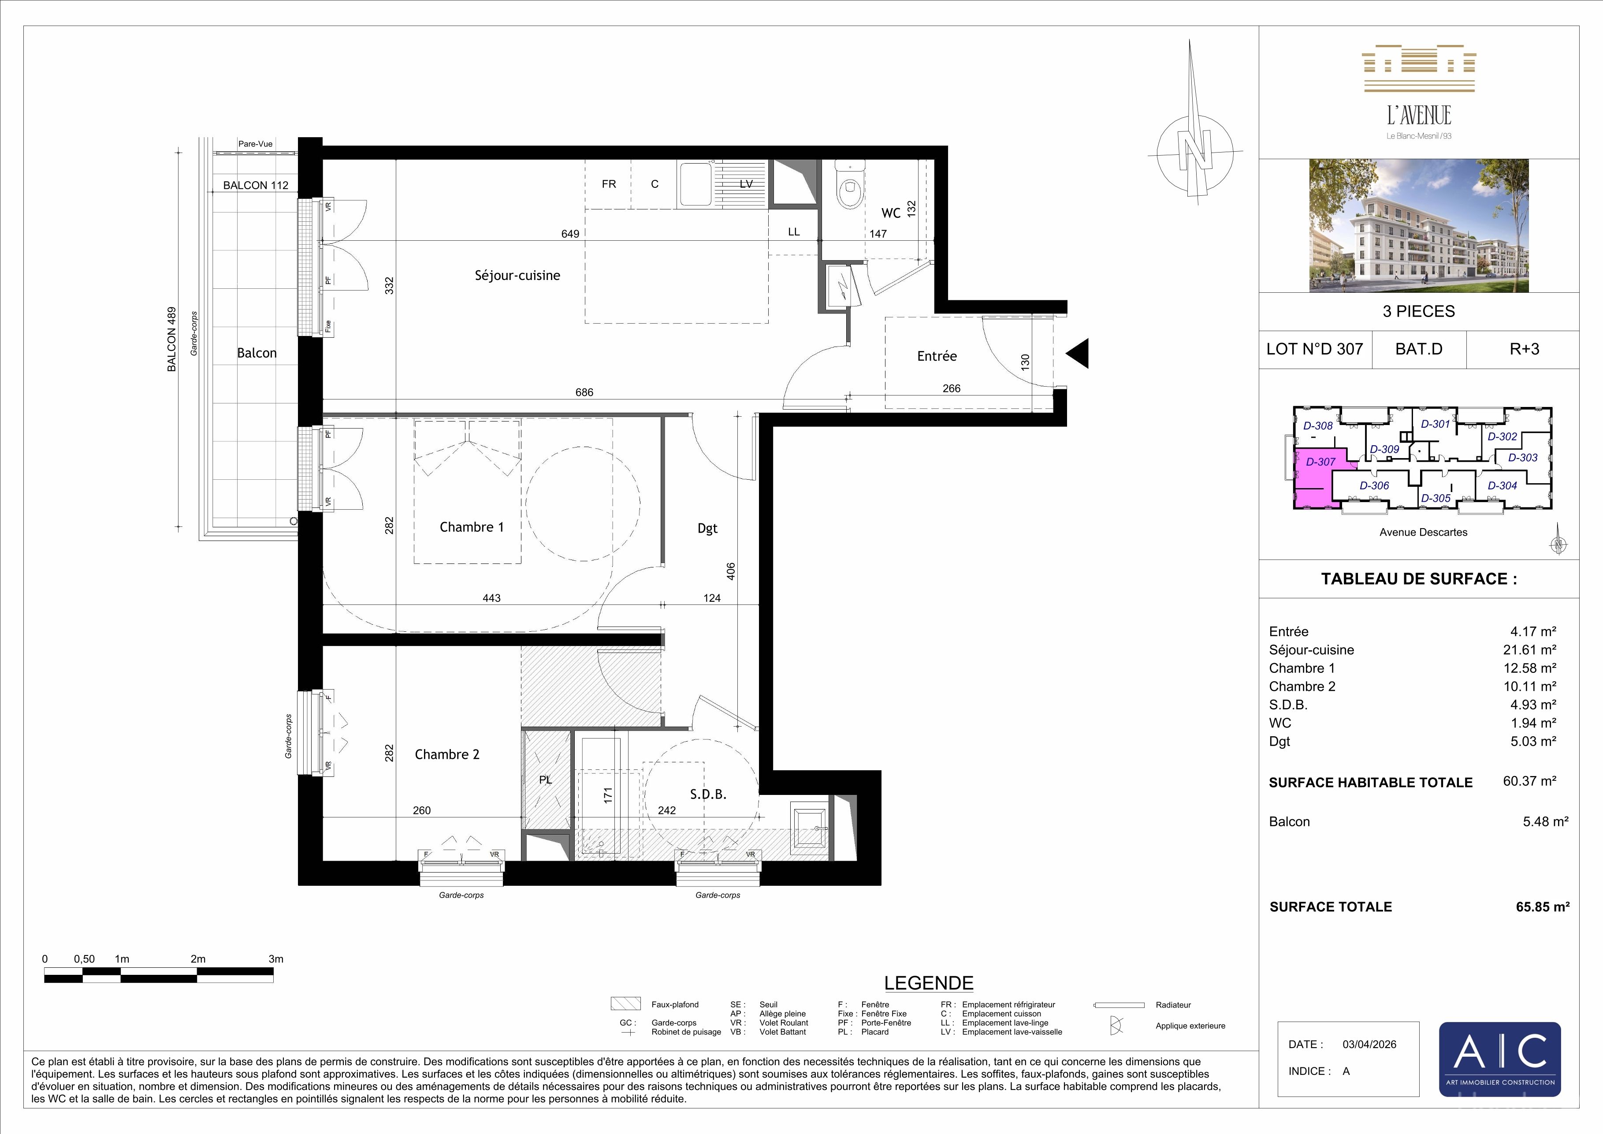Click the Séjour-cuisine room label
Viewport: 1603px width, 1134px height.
pos(517,275)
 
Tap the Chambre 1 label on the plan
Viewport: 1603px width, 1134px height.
pos(471,527)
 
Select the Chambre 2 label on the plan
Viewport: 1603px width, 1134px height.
pos(447,754)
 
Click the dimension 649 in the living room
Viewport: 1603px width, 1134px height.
pos(570,234)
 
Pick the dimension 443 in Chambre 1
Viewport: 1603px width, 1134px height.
pos(491,598)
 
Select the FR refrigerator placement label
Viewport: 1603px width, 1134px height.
pos(609,184)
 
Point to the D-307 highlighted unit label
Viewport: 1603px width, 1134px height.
pos(1321,462)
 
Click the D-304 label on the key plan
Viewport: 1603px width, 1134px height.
pos(1503,486)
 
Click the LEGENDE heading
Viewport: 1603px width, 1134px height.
pos(929,983)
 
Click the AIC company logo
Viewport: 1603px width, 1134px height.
pos(1500,1059)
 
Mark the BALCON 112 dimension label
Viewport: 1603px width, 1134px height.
pos(256,185)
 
